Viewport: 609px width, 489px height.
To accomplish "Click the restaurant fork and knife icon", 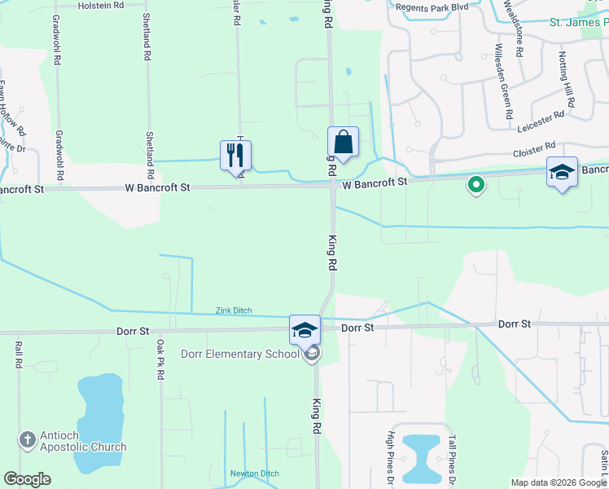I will tap(235, 154).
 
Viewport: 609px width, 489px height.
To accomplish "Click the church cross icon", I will tap(26, 440).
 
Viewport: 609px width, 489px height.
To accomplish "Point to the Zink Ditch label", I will tap(234, 311).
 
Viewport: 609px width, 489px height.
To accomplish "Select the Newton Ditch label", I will tap(254, 474).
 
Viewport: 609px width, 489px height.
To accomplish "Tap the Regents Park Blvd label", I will tap(432, 7).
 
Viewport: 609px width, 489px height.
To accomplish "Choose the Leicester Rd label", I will tap(541, 122).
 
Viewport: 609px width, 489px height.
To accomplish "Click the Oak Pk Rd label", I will tap(161, 359).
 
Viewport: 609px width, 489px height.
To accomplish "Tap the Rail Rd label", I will tap(17, 355).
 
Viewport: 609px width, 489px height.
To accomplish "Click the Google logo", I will tap(28, 479).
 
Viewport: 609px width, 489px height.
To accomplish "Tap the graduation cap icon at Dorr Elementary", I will tap(304, 329).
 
